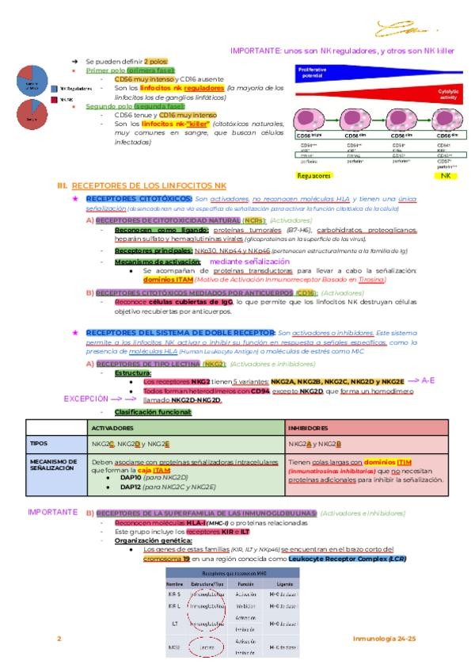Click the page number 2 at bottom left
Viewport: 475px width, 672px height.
coord(58,638)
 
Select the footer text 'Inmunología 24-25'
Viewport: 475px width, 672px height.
coord(385,638)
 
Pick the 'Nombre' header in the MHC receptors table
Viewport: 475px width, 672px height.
coord(175,582)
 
